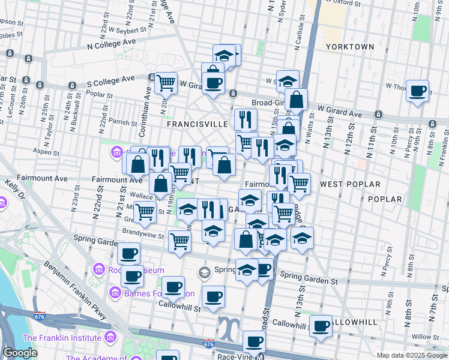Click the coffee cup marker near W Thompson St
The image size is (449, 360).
417,92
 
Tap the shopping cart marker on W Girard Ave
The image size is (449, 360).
166,83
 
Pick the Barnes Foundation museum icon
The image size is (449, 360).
115,293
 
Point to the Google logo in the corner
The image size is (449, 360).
20,353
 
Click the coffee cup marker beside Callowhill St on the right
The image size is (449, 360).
321,326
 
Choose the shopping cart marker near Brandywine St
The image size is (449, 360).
179,241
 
